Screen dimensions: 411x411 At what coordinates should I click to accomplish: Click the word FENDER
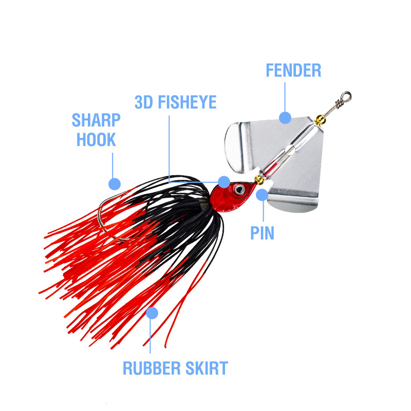pyautogui.click(x=293, y=70)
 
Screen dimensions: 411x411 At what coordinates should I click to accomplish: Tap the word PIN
pyautogui.click(x=263, y=233)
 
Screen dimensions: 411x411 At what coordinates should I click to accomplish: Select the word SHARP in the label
pyautogui.click(x=96, y=120)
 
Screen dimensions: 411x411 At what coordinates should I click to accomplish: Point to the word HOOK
pyautogui.click(x=96, y=139)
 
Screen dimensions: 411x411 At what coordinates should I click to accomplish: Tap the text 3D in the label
pyautogui.click(x=144, y=101)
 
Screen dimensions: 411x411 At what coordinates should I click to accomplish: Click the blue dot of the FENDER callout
pyautogui.click(x=285, y=118)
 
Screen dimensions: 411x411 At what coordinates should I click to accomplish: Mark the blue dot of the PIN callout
pyautogui.click(x=263, y=195)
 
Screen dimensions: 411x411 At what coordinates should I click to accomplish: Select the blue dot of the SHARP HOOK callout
pyautogui.click(x=115, y=183)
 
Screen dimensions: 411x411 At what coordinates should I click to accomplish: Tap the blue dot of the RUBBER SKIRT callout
pyautogui.click(x=152, y=312)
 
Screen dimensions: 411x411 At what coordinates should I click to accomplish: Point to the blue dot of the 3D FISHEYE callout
pyautogui.click(x=223, y=181)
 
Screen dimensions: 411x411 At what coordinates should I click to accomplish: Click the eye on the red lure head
pyautogui.click(x=239, y=189)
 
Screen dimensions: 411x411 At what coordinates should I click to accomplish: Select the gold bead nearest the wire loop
pyautogui.click(x=321, y=121)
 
